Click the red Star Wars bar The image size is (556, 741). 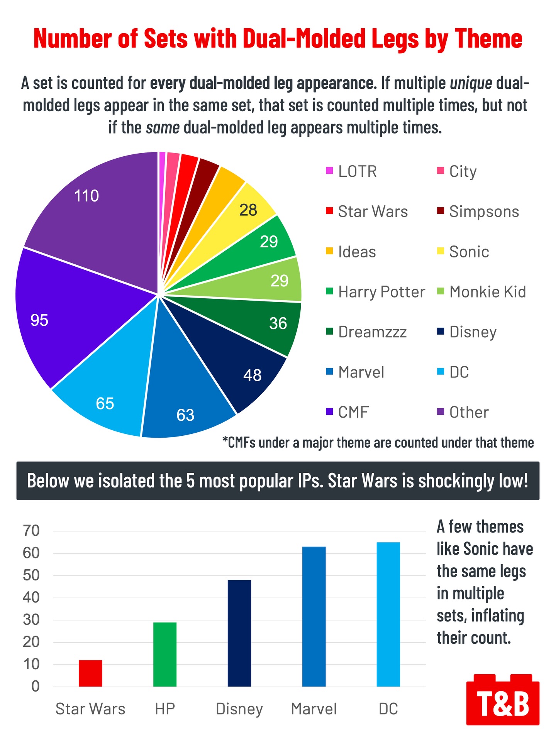pos(90,673)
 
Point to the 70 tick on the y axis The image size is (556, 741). pos(31,531)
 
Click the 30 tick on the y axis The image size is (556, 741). pos(31,620)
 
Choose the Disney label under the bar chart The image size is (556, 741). pos(239,709)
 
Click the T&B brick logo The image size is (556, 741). pos(503,699)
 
